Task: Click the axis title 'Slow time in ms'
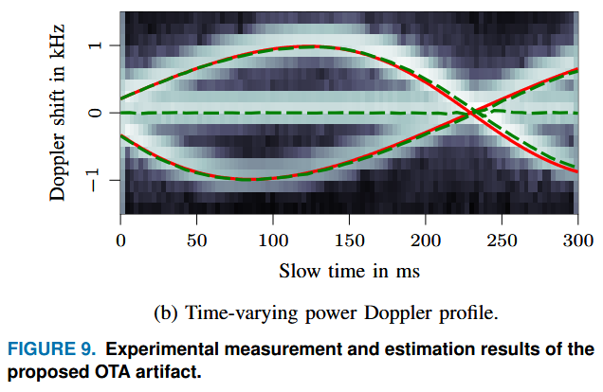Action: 348,271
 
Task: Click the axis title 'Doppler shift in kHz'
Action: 59,113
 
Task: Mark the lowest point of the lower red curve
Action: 249,179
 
